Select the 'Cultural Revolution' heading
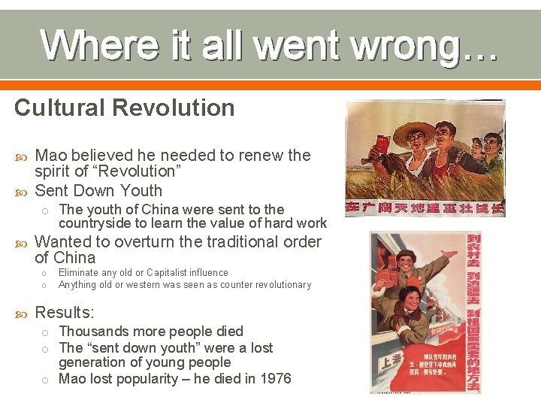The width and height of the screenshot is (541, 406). click(x=124, y=108)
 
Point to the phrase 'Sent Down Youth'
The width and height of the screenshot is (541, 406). click(x=98, y=190)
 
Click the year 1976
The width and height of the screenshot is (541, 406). click(x=274, y=378)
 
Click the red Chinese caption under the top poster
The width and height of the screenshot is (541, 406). click(x=425, y=208)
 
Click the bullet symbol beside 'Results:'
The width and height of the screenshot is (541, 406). click(x=20, y=313)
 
